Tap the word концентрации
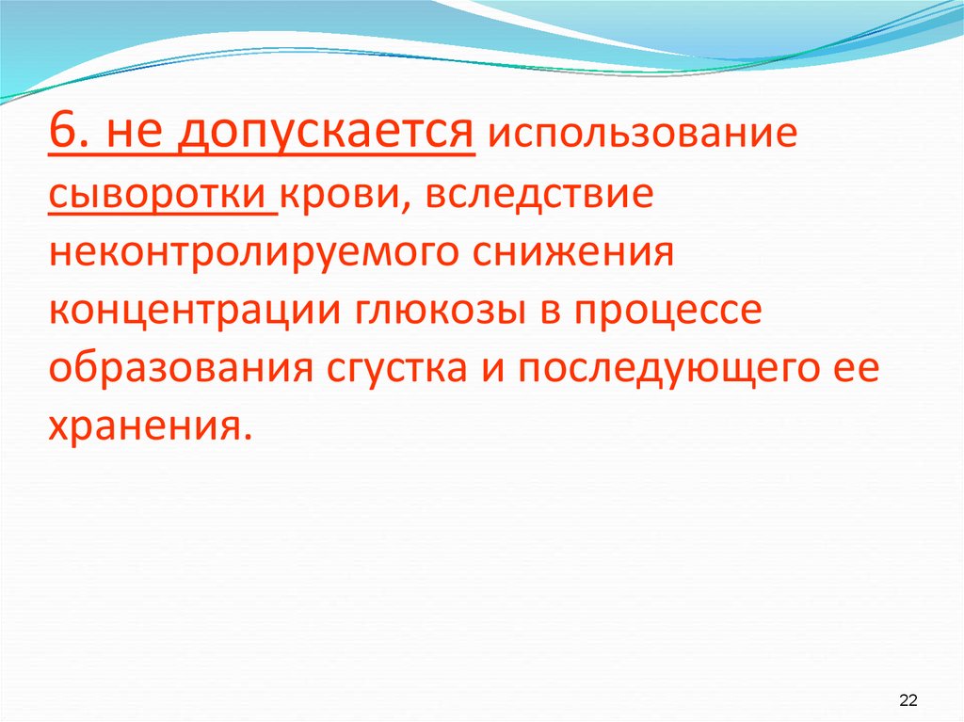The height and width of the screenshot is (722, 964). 194,313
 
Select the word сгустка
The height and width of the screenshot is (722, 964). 402,370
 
